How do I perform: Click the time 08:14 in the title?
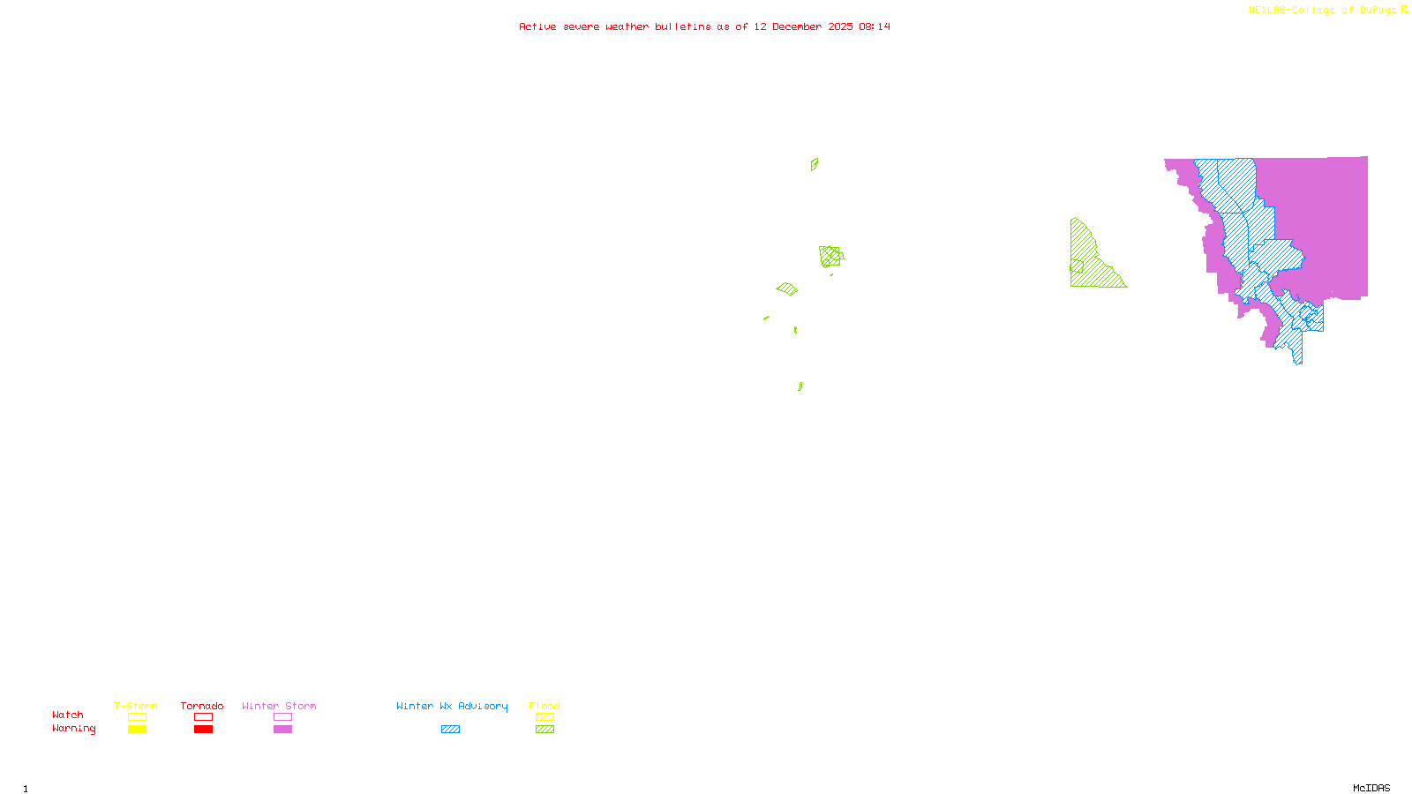point(875,26)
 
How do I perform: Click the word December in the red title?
point(796,26)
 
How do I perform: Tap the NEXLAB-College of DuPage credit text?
point(1322,10)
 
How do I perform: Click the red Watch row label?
point(68,715)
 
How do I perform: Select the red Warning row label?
point(73,729)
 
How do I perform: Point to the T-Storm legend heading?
point(136,706)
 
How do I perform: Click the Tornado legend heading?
point(202,706)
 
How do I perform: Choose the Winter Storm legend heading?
point(279,706)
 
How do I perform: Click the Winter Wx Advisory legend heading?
point(452,706)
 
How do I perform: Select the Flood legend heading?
point(545,706)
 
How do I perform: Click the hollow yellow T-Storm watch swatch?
point(137,717)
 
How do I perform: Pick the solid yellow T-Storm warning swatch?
point(137,730)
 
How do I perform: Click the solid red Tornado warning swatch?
point(203,730)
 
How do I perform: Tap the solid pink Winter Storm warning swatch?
point(282,730)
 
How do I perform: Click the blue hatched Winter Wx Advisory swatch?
point(450,730)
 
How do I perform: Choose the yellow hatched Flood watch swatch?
point(545,717)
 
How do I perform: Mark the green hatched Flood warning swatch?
point(545,730)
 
